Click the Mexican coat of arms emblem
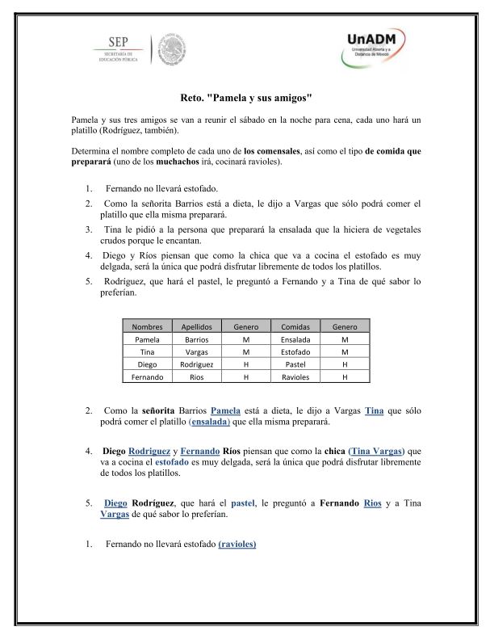pos(170,50)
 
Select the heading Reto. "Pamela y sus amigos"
pos(245,95)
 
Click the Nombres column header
pos(147,326)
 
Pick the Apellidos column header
pos(196,326)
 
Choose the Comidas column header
pos(295,326)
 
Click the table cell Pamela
pos(147,339)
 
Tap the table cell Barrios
pos(196,339)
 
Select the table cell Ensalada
pos(295,339)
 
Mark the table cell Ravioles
pos(295,376)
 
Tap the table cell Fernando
pos(147,376)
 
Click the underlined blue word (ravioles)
pos(237,545)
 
